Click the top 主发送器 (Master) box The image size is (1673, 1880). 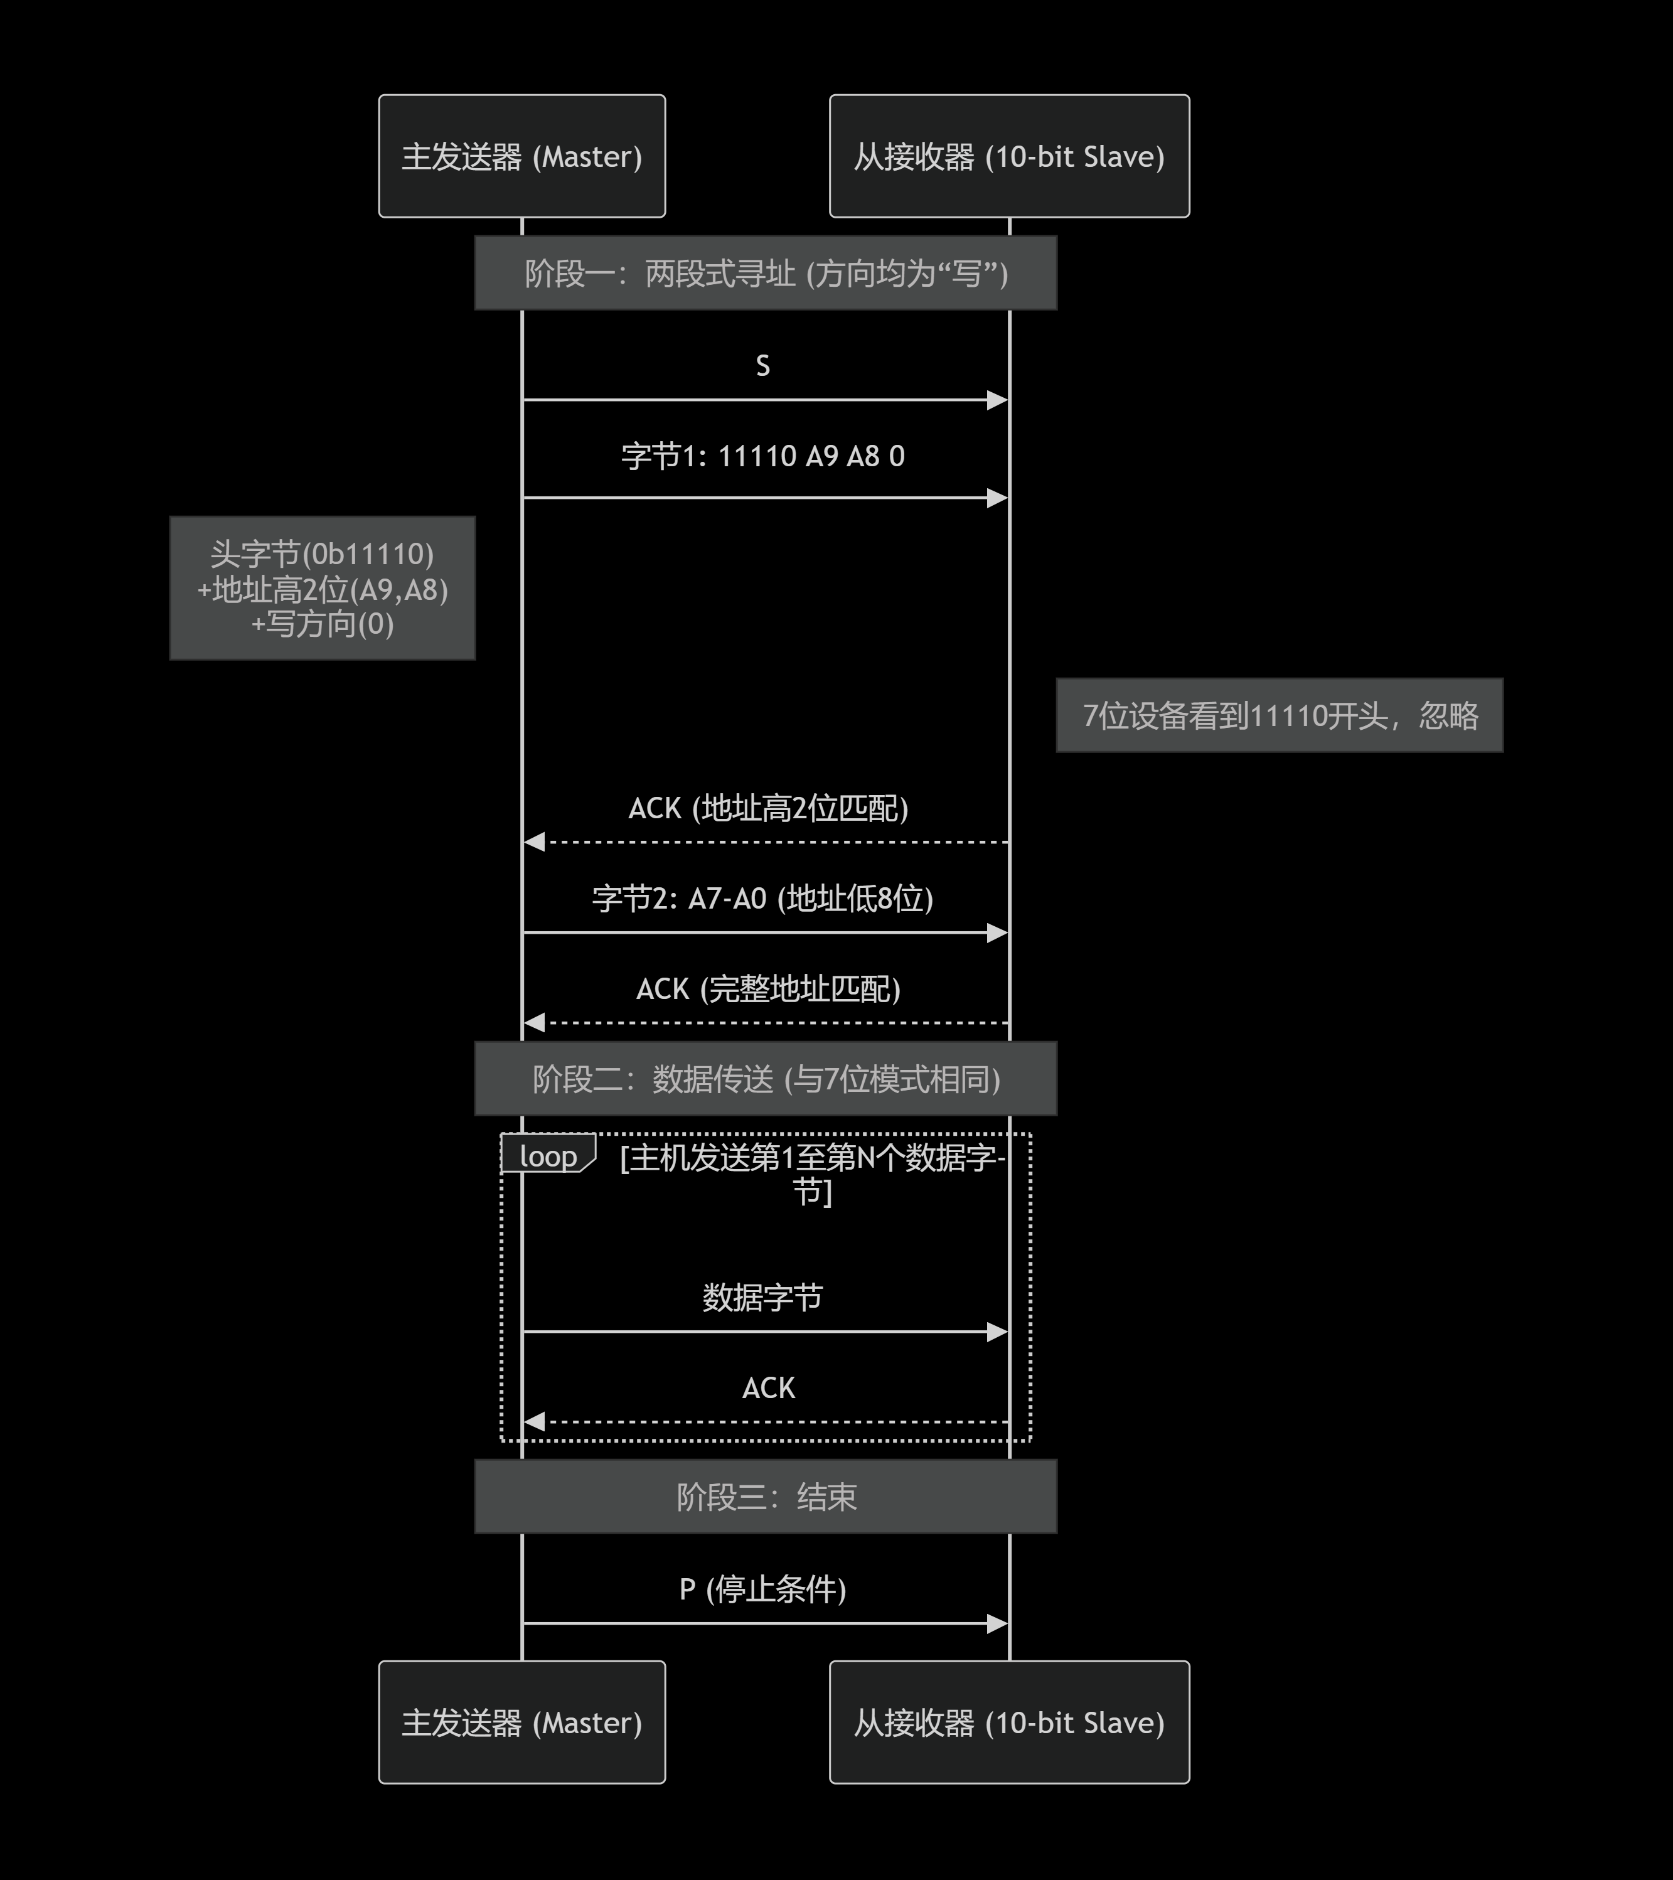[521, 156]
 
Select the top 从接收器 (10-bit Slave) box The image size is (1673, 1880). [1009, 156]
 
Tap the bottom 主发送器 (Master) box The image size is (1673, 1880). [521, 1722]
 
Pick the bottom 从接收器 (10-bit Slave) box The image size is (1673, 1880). [1009, 1722]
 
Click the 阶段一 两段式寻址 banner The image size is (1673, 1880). [765, 273]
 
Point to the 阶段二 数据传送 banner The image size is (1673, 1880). [765, 1079]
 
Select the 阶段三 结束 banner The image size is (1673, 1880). [765, 1497]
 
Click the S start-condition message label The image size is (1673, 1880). [762, 366]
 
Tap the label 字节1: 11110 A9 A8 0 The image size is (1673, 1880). [762, 456]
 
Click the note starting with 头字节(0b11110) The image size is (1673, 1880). [322, 588]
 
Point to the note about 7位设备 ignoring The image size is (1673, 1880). [1280, 715]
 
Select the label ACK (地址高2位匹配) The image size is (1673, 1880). [768, 808]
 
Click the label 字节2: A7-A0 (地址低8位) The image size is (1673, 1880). [762, 898]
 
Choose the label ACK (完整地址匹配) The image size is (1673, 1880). [768, 989]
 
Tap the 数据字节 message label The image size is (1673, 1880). [762, 1297]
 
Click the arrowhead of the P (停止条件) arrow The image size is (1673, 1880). [998, 1623]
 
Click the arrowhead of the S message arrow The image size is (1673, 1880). [998, 400]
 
